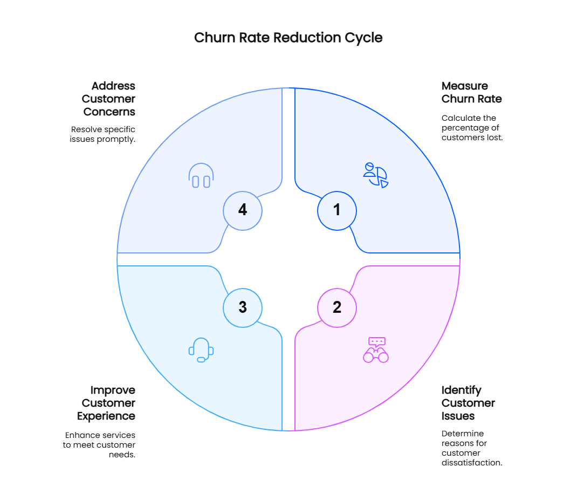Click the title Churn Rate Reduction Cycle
point(288,38)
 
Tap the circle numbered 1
point(337,209)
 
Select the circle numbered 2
point(337,307)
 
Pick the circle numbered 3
point(243,307)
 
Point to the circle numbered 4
point(243,209)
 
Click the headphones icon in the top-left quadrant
point(201,176)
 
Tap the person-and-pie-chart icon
point(376,175)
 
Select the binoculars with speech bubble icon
point(376,350)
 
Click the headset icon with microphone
point(201,350)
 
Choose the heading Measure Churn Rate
point(471,92)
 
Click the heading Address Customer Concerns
point(108,99)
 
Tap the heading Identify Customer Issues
point(468,403)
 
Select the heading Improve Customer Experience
point(106,403)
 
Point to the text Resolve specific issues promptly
point(103,134)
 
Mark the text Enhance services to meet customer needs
point(100,444)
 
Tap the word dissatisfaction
point(471,463)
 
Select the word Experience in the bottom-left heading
point(106,416)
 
